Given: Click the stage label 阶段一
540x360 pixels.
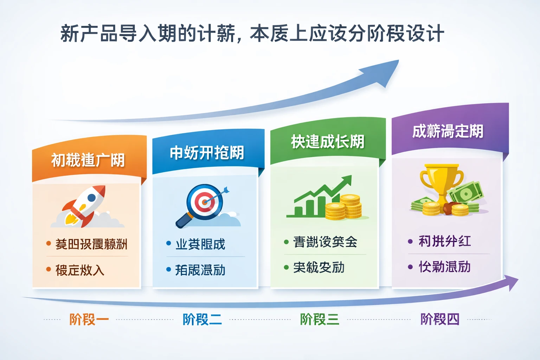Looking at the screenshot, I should [89, 320].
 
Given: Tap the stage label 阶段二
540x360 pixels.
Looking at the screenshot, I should [202, 320].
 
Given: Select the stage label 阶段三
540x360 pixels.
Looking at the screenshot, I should [319, 320].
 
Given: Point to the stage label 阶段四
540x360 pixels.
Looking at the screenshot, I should [440, 320].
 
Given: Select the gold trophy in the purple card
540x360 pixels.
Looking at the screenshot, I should [441, 181].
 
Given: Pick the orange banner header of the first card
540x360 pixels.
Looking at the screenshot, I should [88, 160].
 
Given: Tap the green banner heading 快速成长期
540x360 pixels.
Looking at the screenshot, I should [327, 142].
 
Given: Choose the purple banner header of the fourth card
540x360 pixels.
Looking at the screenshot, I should [448, 131].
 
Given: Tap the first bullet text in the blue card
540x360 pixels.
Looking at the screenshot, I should [200, 244].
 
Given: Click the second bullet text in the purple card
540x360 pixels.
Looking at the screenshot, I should [444, 267].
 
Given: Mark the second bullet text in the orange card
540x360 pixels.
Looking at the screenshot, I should [80, 270].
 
